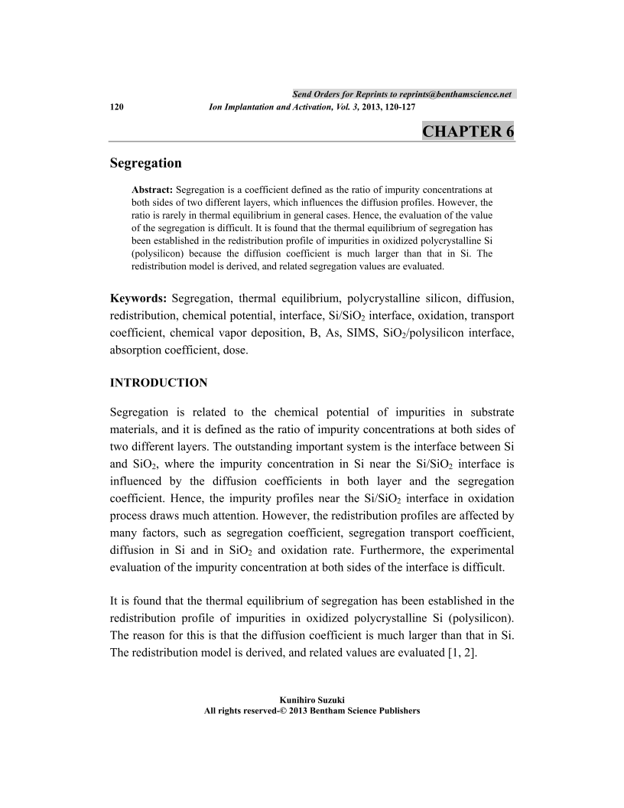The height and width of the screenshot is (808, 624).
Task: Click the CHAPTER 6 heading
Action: click(x=468, y=131)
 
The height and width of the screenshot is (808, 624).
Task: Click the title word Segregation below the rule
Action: click(x=146, y=163)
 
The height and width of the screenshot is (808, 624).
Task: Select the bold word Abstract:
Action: click(x=153, y=188)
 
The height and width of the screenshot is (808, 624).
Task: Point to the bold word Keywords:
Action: click(x=139, y=298)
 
